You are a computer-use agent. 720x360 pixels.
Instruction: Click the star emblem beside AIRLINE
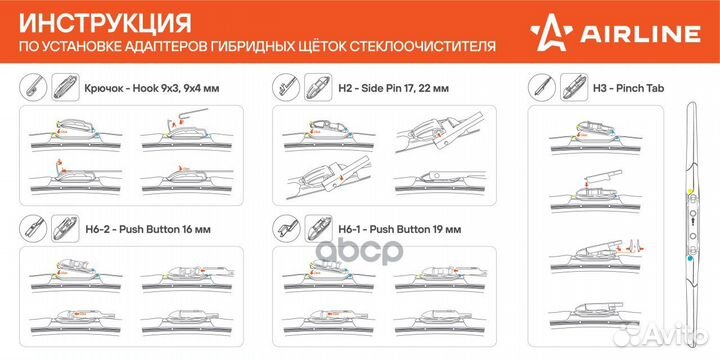pyautogui.click(x=595, y=35)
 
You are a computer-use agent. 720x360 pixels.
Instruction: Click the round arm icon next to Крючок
pyautogui.click(x=31, y=87)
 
